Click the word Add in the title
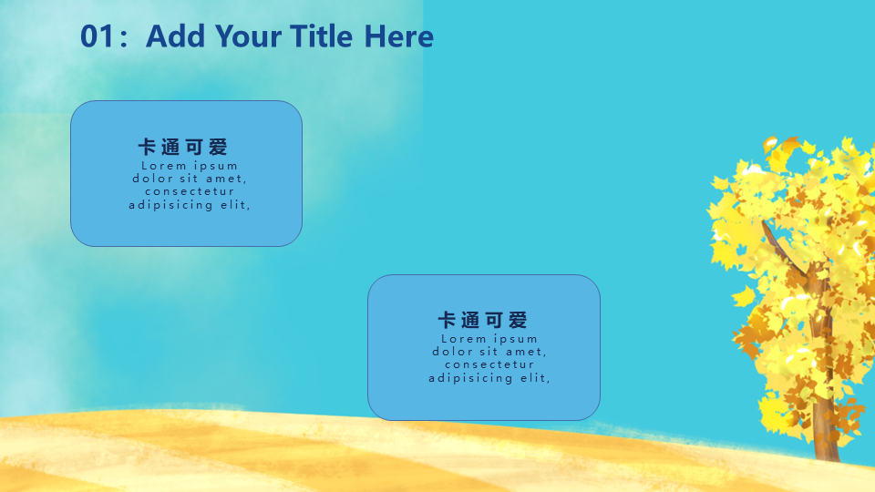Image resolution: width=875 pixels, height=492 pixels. (175, 36)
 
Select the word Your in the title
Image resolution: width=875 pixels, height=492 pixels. (248, 36)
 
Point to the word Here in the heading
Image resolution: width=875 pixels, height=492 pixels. (399, 36)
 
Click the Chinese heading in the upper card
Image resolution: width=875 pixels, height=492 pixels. (183, 148)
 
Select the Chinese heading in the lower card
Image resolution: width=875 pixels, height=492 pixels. (483, 320)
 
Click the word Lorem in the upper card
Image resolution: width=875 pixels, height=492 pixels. (164, 166)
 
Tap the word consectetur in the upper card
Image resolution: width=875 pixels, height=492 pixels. (190, 191)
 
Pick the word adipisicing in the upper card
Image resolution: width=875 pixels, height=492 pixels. (170, 205)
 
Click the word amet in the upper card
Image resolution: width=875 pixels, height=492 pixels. (224, 179)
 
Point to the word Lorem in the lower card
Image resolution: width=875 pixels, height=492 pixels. (464, 339)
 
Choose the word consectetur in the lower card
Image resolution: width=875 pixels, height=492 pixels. (489, 364)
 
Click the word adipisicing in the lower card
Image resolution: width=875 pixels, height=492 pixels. (470, 377)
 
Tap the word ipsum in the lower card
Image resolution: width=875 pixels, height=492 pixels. (516, 339)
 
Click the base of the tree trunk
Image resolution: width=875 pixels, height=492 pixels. (827, 456)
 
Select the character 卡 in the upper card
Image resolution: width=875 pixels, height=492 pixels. (147, 148)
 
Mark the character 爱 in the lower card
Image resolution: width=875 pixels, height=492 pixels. (519, 320)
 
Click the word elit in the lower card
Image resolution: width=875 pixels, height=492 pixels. (534, 377)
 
